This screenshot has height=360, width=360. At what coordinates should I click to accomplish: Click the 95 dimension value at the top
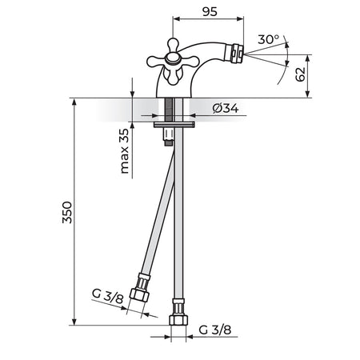coord(210,12)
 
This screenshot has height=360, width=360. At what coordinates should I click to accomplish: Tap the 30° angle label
coord(268,39)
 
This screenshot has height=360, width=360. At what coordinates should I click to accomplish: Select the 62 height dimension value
coord(300,74)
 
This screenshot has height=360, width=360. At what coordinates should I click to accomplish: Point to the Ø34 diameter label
coord(226,108)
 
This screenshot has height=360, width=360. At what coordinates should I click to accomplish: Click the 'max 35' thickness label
coord(124,151)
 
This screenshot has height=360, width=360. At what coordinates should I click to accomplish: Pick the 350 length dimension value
coord(67,212)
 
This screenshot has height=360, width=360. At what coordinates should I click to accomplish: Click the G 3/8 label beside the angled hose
coord(108,296)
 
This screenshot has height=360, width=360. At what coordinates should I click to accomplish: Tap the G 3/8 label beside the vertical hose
coord(215,330)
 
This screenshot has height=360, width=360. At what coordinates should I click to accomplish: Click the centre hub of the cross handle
coord(173,58)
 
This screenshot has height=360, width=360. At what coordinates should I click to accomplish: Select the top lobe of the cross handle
coord(173,45)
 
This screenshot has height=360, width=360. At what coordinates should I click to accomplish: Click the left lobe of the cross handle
coord(156,62)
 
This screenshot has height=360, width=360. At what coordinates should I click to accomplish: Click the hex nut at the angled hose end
coord(139,294)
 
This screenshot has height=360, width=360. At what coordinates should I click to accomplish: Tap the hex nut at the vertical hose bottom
coord(178,319)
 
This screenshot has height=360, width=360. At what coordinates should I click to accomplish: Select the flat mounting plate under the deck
coord(174,124)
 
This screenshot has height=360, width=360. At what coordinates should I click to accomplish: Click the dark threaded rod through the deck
coord(169,110)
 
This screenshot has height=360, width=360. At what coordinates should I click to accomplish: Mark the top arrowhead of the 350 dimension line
coord(74,102)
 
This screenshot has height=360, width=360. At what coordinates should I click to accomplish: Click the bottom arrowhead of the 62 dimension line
coord(307,94)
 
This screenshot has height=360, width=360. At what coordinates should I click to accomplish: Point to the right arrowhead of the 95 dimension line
coord(240,18)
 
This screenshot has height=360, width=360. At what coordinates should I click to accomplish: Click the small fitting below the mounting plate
coord(169,137)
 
